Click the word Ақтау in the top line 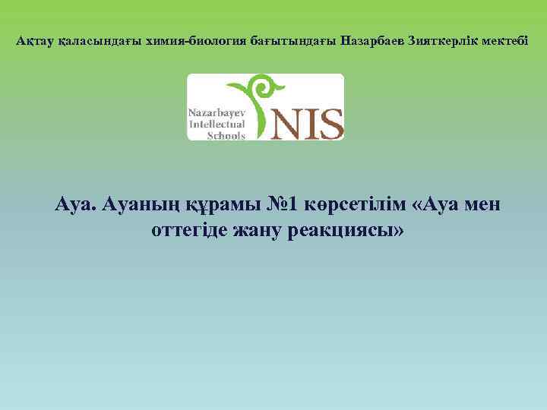35,40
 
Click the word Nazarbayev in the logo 217,111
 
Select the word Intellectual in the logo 217,123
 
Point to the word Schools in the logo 226,134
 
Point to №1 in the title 286,206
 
